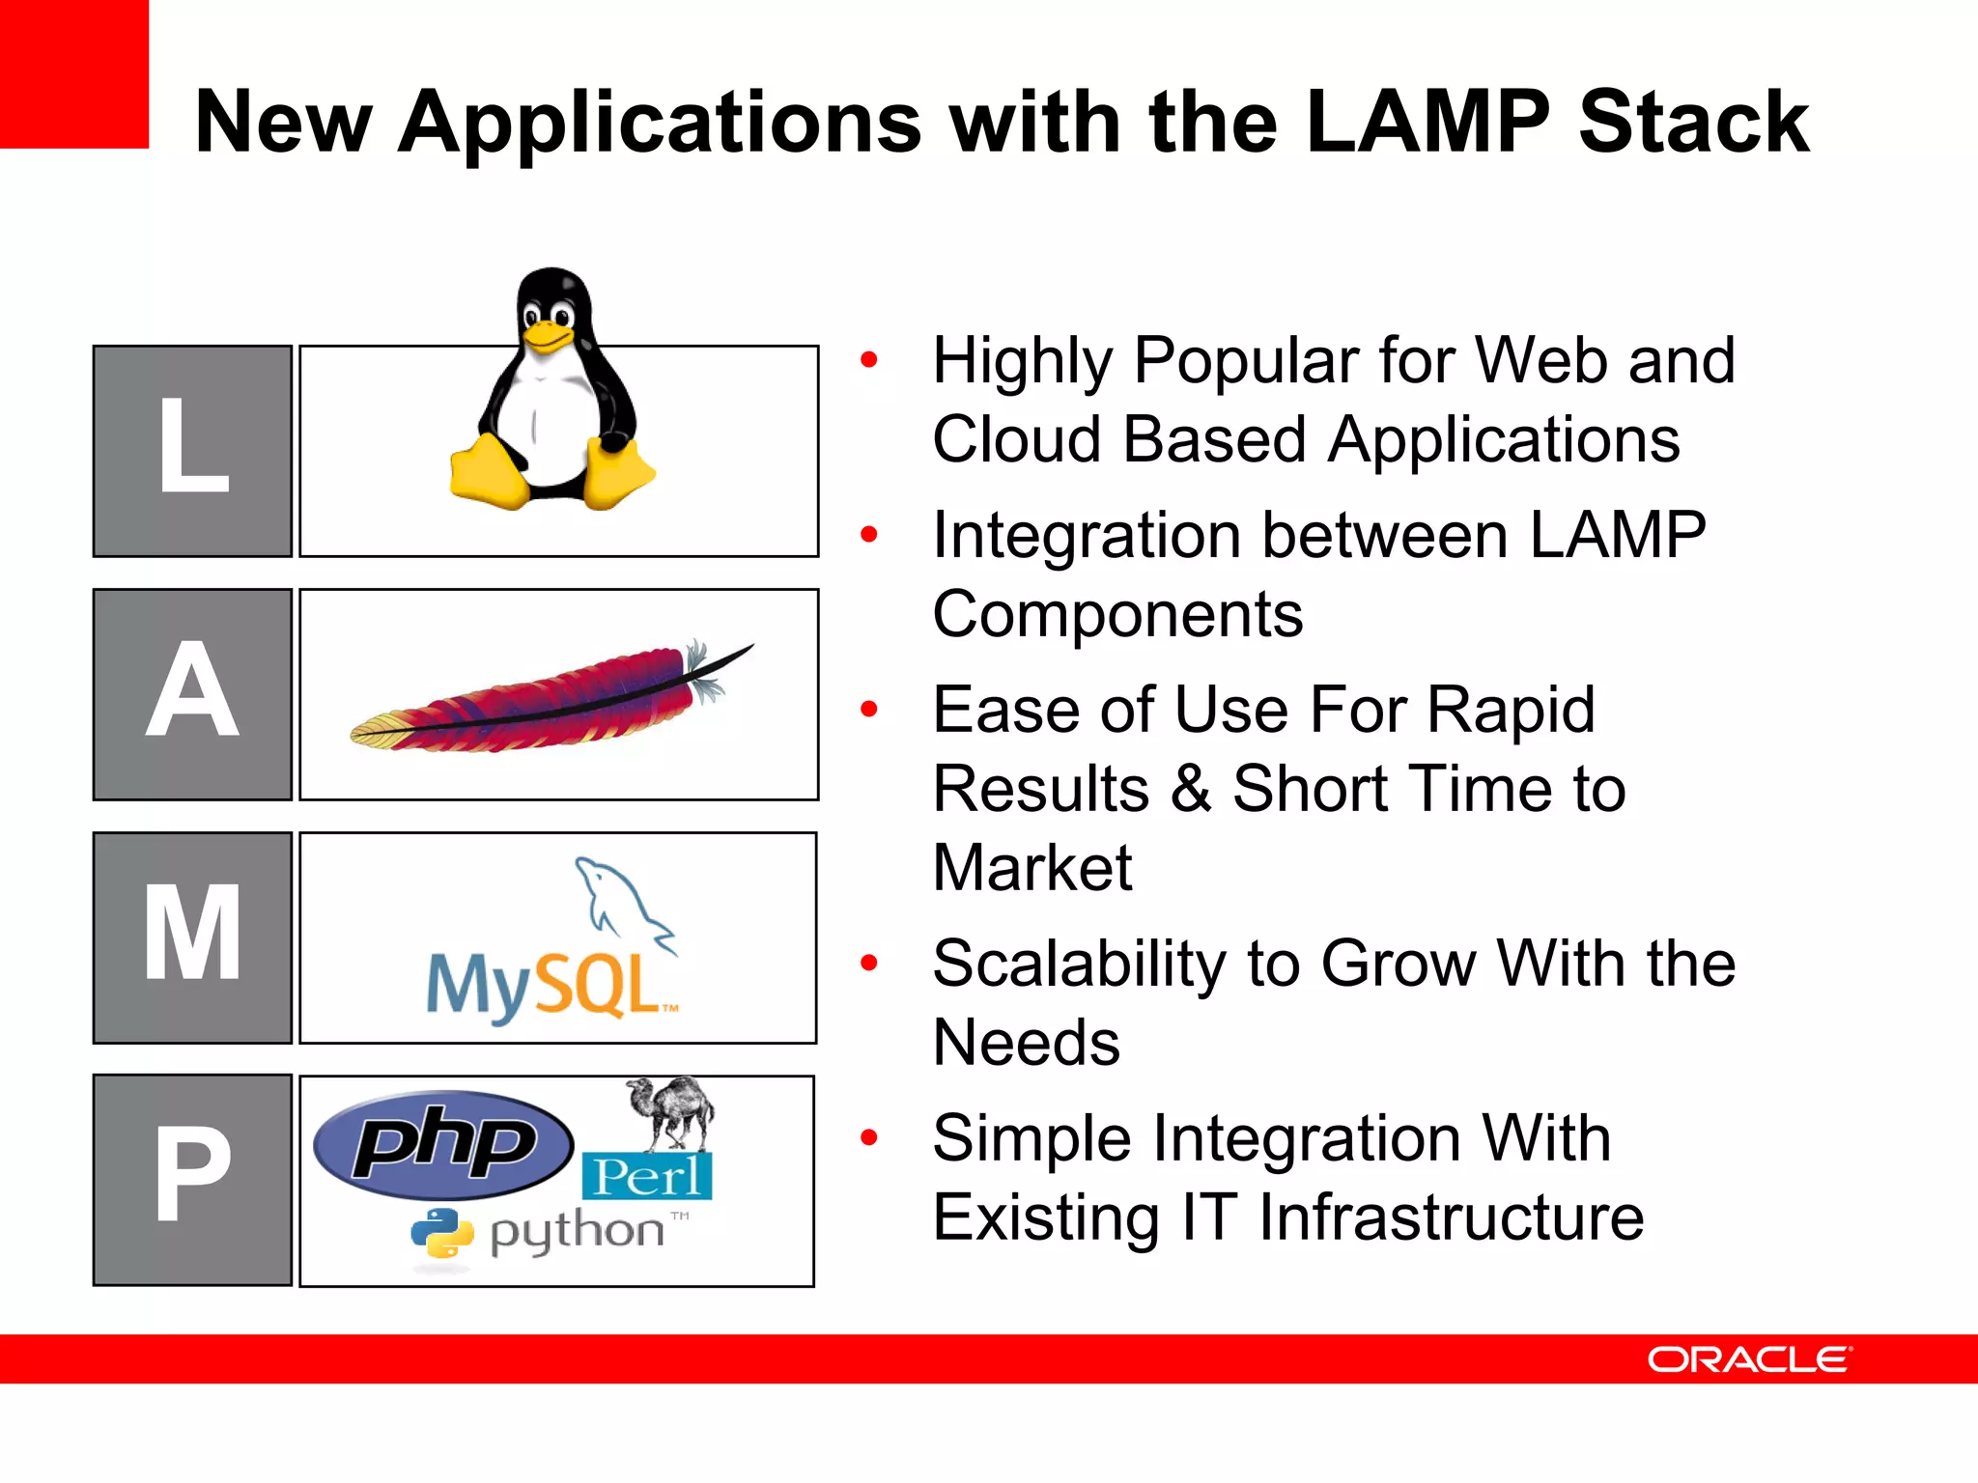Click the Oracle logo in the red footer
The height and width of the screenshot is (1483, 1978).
[1749, 1359]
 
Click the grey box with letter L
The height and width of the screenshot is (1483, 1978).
[193, 451]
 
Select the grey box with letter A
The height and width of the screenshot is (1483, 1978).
[193, 694]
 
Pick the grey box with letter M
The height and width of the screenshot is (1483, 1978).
[193, 937]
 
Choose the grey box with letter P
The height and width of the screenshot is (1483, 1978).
[193, 1180]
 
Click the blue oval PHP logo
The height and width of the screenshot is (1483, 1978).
[443, 1145]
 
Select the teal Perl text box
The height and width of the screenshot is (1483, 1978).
[646, 1176]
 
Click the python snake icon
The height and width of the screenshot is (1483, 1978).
[441, 1233]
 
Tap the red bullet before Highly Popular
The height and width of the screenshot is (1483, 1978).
[869, 360]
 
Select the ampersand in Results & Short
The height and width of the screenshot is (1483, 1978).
[1191, 789]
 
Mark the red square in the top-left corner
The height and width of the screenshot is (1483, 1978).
[73, 73]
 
